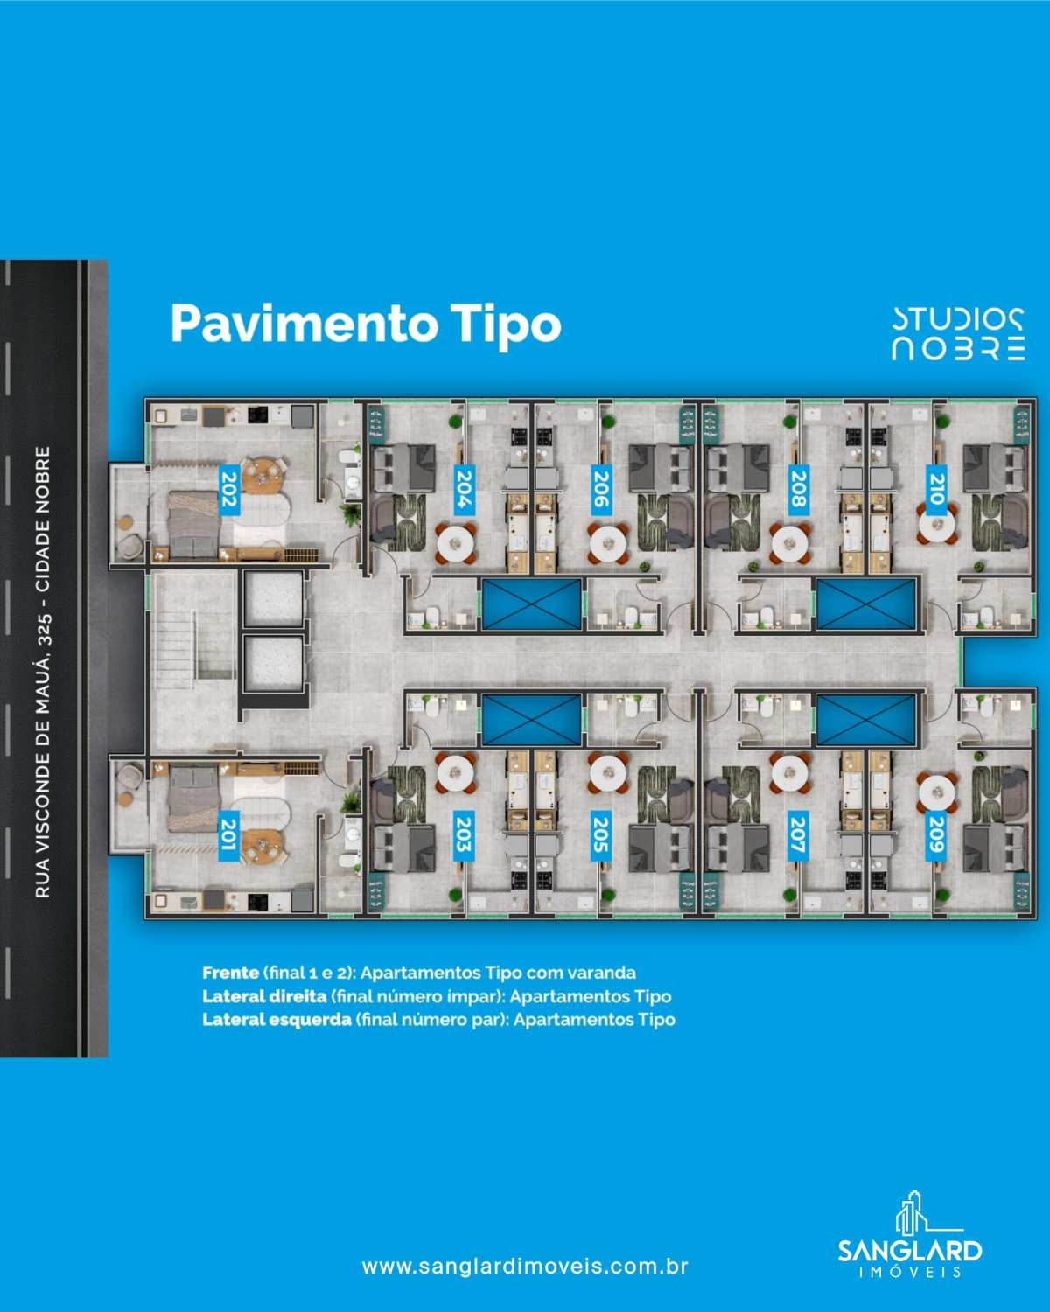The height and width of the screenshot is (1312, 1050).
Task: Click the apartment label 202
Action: [228, 490]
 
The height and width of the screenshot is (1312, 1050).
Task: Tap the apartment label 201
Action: [228, 836]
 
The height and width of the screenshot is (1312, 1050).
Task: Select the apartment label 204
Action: [464, 490]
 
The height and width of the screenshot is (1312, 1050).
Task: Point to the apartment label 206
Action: [601, 490]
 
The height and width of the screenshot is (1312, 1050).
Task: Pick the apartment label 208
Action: [798, 490]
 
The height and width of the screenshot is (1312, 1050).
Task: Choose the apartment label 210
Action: [935, 490]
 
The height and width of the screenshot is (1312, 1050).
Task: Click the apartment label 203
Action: [463, 836]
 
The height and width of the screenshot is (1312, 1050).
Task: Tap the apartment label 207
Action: [797, 836]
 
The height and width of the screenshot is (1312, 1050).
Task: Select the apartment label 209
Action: [935, 836]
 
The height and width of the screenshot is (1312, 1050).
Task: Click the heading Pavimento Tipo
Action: [366, 325]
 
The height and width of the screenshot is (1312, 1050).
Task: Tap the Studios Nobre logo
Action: [958, 333]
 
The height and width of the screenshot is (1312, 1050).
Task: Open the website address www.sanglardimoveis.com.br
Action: [525, 1266]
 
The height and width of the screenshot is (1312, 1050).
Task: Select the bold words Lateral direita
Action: [264, 996]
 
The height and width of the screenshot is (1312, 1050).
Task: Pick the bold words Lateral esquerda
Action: [277, 1019]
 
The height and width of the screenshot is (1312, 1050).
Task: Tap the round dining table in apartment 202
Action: [263, 477]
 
